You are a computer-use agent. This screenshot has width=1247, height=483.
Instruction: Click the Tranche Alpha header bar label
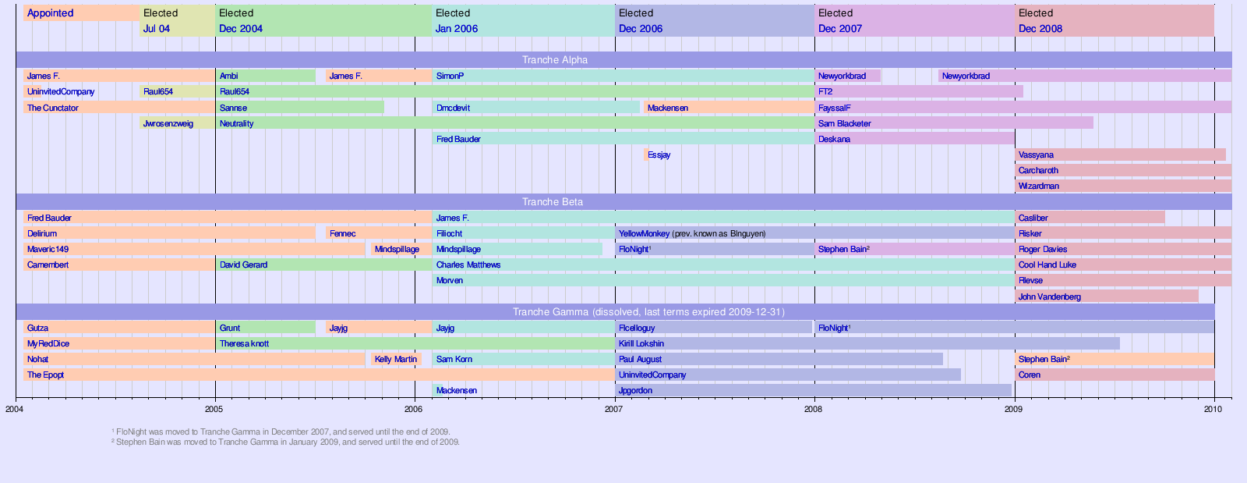pyautogui.click(x=555, y=60)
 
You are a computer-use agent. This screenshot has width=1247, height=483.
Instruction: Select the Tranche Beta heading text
pyautogui.click(x=552, y=202)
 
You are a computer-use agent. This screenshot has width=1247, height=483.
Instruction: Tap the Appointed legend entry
pyautogui.click(x=50, y=13)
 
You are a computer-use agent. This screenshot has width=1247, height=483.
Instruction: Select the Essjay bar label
pyautogui.click(x=659, y=155)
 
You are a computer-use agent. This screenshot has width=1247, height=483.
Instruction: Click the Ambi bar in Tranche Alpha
pyautogui.click(x=265, y=76)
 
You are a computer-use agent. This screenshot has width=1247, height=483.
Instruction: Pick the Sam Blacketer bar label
pyautogui.click(x=844, y=124)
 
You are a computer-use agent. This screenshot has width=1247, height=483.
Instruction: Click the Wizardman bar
pyautogui.click(x=1122, y=186)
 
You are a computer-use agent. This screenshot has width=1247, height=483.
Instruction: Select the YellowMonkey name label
pyautogui.click(x=644, y=234)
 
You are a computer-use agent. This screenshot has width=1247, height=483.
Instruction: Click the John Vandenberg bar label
pyautogui.click(x=1049, y=297)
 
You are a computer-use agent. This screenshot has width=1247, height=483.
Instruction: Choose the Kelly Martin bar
pyautogui.click(x=396, y=360)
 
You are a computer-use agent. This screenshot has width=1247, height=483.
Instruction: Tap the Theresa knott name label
pyautogui.click(x=244, y=344)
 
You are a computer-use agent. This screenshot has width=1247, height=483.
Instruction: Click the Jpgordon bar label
pyautogui.click(x=635, y=391)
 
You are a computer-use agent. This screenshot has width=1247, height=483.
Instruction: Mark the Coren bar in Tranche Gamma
pyautogui.click(x=1115, y=375)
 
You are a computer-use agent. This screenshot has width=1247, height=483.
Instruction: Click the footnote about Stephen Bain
pyautogui.click(x=285, y=442)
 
